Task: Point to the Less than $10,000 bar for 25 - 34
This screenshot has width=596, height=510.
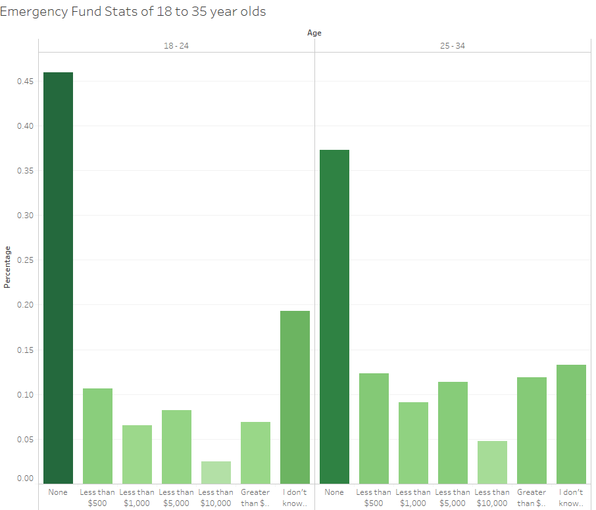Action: (492, 462)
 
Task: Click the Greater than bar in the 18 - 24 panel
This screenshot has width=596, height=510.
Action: (255, 453)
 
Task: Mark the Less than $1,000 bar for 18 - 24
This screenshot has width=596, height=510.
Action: (137, 454)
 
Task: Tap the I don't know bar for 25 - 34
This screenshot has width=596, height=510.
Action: (571, 424)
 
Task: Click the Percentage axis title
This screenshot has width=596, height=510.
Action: (8, 267)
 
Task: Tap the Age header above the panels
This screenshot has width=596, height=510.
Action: (314, 33)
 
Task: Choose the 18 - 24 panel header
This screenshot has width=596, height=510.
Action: (176, 46)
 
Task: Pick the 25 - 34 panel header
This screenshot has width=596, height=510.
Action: (453, 46)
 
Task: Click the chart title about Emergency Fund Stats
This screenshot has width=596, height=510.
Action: (134, 12)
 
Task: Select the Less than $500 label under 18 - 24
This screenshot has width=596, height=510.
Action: (97, 498)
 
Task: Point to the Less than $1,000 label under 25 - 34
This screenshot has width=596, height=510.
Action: (413, 498)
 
